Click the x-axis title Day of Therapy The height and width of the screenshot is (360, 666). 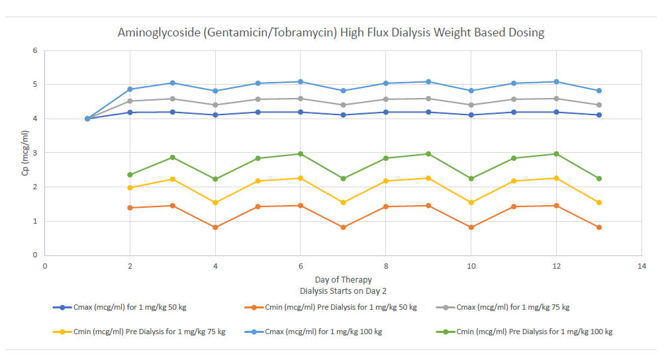[x=342, y=279]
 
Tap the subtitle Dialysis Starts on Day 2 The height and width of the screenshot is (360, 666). [x=342, y=289]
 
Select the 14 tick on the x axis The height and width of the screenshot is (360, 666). [x=641, y=266]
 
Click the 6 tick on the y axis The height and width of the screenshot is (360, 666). [x=36, y=50]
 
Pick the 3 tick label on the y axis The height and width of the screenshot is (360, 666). [x=36, y=153]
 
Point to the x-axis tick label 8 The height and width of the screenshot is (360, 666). [x=385, y=266]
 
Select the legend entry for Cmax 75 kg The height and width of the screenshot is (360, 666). [x=510, y=308]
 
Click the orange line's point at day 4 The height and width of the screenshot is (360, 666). [x=215, y=227]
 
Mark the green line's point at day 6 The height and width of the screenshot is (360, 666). [x=300, y=154]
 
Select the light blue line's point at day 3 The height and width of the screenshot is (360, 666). [x=173, y=83]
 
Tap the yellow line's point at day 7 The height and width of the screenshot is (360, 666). [x=342, y=202]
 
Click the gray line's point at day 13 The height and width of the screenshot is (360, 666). [x=598, y=105]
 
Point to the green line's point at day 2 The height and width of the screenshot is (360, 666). [x=130, y=175]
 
